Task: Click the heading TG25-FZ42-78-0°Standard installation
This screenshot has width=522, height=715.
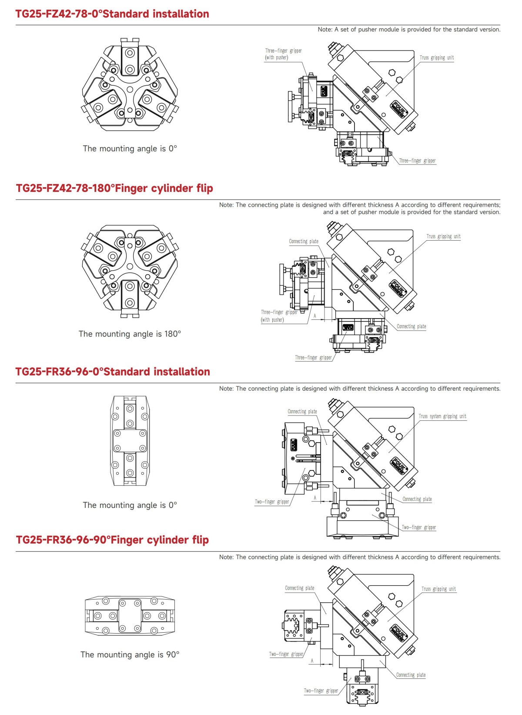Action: coord(112,14)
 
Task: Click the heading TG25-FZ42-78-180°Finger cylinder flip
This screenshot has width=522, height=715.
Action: coord(114,188)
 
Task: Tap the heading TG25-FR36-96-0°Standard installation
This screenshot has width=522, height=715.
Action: coord(113,372)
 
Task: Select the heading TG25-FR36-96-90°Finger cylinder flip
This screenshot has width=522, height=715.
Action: coord(112,540)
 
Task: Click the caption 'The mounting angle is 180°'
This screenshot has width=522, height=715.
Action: coord(130,334)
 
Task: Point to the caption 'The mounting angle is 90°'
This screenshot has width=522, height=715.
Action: coord(130,655)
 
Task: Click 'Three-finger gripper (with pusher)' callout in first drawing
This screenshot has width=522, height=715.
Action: coord(283,54)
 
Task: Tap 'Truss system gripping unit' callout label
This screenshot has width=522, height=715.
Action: coord(442,416)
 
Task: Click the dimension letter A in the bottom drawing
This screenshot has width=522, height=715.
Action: coord(312,661)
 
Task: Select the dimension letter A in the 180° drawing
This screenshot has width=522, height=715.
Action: coord(315,316)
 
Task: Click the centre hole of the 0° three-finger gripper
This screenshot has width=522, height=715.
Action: coord(130,89)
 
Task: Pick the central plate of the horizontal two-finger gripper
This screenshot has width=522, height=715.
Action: coord(130,615)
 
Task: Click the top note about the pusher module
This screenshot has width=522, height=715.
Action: coord(409,30)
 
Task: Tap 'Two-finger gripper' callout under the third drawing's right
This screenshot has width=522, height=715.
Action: coord(418,527)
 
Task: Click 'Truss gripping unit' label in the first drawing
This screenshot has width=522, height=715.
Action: coord(436,57)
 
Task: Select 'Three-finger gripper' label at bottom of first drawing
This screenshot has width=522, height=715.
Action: coord(417,161)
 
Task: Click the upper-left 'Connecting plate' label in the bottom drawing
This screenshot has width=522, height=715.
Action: coord(299,588)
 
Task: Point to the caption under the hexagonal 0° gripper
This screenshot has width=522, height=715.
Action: coord(130,148)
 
